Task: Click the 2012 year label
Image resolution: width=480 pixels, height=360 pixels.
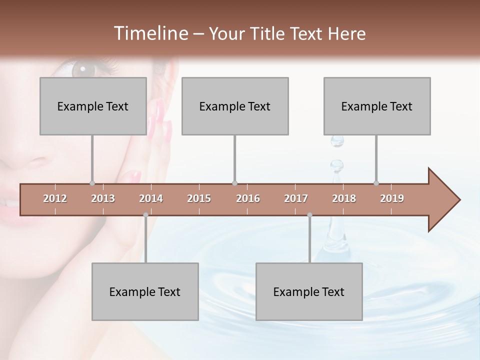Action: [55, 198]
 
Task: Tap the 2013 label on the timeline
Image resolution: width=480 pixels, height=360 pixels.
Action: [103, 198]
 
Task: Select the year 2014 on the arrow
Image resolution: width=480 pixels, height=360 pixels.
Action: [151, 198]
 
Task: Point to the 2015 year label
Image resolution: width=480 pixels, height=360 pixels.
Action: [199, 198]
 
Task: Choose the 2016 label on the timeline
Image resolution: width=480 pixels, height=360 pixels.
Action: [248, 198]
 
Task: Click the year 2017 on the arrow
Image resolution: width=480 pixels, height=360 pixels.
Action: [296, 198]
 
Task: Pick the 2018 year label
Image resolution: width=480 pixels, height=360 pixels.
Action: [344, 198]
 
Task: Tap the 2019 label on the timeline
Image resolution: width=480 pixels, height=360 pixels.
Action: [392, 198]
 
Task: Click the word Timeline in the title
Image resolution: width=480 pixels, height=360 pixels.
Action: [150, 33]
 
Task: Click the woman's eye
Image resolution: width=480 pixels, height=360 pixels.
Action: [82, 67]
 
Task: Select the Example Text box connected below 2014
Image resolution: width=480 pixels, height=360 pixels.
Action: [145, 291]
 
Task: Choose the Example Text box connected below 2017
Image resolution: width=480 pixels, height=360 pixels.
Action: [309, 291]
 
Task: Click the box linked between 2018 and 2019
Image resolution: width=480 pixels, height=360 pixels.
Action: [377, 106]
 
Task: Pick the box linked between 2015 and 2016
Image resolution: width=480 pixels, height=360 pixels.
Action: [235, 106]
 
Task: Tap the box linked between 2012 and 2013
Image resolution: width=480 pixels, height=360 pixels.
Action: [93, 106]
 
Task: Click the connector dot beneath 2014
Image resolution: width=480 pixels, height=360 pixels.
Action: [145, 215]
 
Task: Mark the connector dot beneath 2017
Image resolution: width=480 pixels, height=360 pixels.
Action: [309, 215]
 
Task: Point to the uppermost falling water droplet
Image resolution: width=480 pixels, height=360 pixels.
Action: [337, 141]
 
